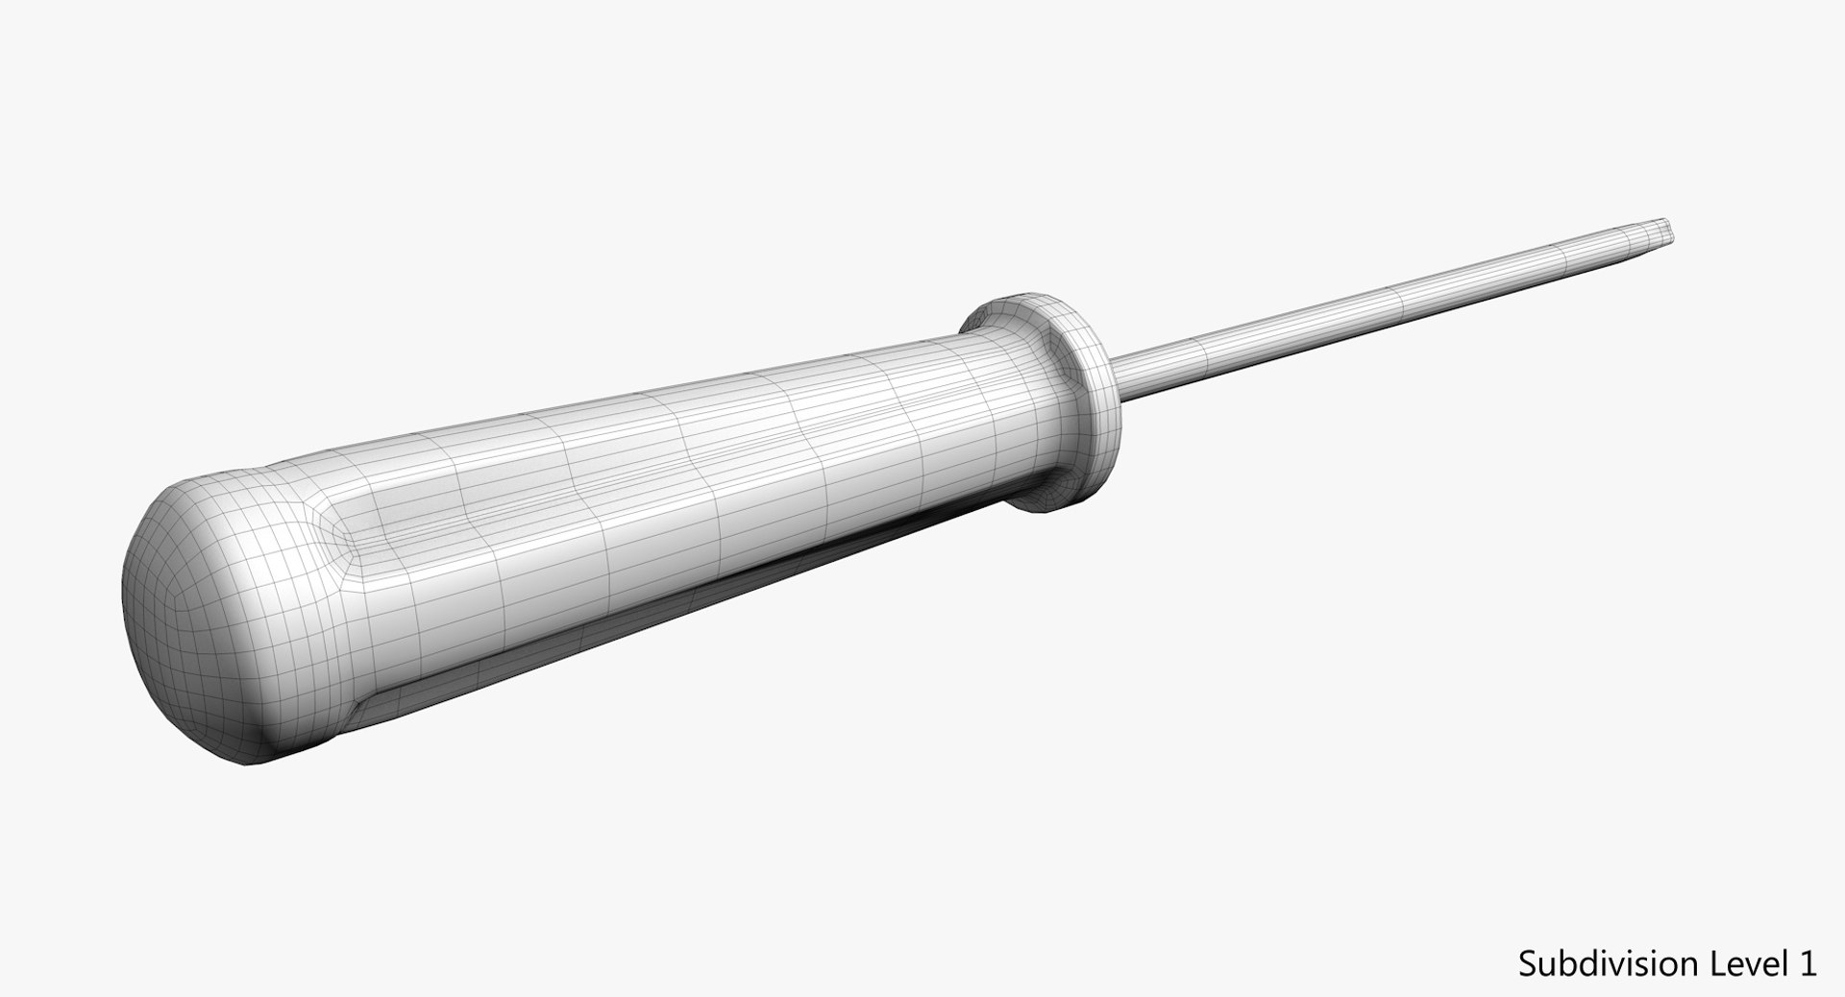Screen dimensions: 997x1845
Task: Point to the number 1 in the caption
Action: (1807, 963)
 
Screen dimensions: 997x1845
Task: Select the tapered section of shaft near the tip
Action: (1614, 246)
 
